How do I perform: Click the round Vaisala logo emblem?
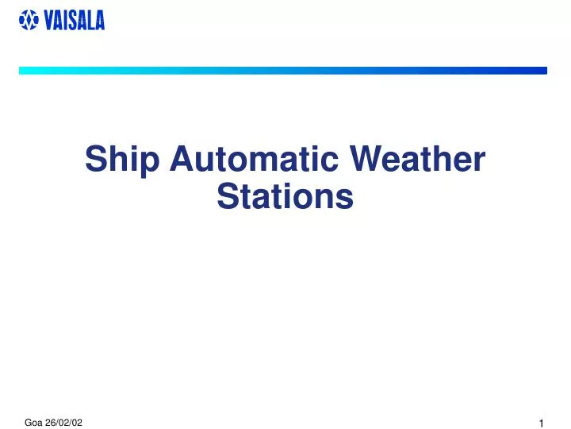click(28, 21)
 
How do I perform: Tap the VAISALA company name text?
click(74, 21)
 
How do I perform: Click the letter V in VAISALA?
click(49, 21)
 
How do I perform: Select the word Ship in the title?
click(120, 160)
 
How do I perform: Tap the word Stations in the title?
click(285, 196)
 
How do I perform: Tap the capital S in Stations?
click(228, 196)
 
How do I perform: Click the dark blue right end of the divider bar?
click(541, 71)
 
